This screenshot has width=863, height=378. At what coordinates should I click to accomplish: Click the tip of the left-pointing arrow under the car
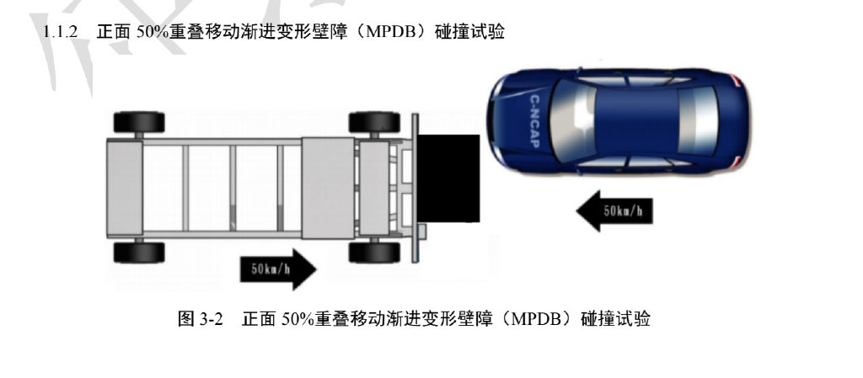point(576,211)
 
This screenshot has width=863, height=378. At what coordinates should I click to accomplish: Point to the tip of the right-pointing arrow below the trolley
point(317,269)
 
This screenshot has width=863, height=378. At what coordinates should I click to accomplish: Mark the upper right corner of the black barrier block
point(480,134)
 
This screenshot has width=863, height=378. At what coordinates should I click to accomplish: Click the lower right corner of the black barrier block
point(480,222)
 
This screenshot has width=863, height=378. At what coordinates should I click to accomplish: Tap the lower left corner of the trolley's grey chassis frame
point(107,238)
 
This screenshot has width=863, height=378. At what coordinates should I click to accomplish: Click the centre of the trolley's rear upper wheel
point(139,122)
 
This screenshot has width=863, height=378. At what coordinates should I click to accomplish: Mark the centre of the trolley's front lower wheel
point(374,253)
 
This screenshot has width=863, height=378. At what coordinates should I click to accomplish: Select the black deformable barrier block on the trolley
point(448,178)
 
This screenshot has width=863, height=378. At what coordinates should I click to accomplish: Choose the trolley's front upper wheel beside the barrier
point(374,122)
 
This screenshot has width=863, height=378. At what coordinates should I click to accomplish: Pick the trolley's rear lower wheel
point(139,253)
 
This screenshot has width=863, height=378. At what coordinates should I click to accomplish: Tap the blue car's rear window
point(697,121)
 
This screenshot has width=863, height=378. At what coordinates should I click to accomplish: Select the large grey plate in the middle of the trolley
point(328,188)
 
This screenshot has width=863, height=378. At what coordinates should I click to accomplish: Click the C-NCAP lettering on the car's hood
point(534,122)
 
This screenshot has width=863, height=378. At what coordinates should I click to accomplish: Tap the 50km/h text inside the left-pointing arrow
point(622,211)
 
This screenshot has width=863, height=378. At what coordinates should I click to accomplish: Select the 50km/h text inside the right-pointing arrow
point(271,269)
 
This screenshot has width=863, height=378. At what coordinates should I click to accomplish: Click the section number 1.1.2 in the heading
point(61,32)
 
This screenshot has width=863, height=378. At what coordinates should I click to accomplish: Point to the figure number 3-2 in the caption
point(212,318)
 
